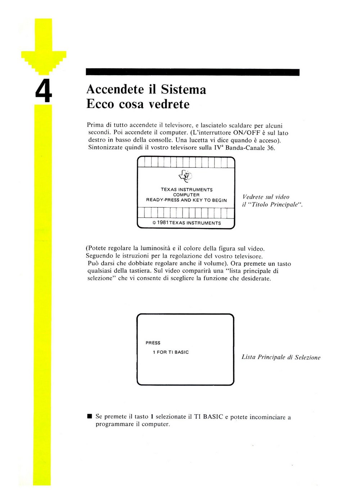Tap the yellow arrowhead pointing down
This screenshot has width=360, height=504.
44,61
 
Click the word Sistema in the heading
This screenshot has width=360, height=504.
183,89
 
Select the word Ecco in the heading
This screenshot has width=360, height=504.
100,104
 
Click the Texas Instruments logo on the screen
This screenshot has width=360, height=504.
185,176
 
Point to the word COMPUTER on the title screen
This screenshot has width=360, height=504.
186,195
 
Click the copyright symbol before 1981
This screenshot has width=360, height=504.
154,223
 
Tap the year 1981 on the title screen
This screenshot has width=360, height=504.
163,223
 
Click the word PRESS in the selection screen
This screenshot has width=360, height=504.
153,343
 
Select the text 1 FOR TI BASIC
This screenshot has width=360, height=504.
171,352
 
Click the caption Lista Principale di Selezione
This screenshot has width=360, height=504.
281,357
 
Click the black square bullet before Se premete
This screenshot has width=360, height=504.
90,417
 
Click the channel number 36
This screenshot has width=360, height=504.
270,148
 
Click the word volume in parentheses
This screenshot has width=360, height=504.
215,264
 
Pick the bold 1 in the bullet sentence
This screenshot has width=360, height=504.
152,417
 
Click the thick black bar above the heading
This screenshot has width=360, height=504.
193,72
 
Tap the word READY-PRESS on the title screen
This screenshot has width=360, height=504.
163,200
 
